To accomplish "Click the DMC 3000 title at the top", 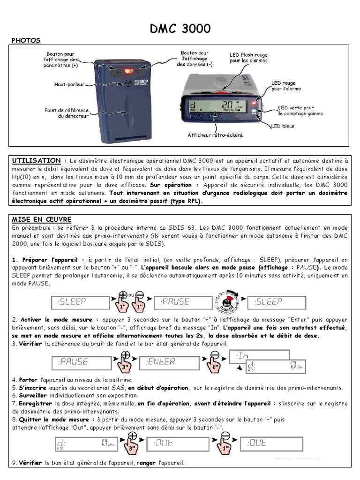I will (180, 29).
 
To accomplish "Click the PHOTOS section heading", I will (26, 41).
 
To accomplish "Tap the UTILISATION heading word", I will (36, 160).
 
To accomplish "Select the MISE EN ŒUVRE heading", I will (41, 219).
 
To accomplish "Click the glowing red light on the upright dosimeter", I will (127, 71).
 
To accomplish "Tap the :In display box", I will (259, 357).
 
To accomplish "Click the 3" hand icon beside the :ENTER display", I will (125, 363).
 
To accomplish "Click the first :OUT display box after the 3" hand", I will (172, 443).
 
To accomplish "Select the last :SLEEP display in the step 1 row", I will (276, 302).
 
